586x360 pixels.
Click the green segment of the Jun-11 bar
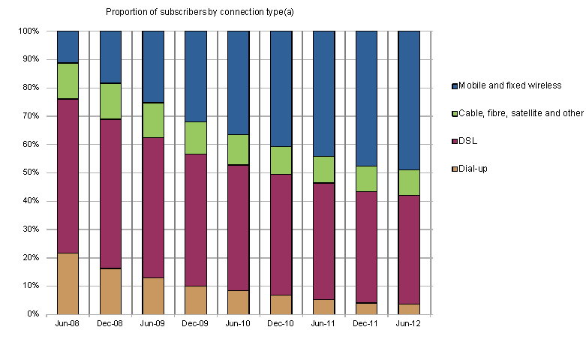(x=323, y=169)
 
